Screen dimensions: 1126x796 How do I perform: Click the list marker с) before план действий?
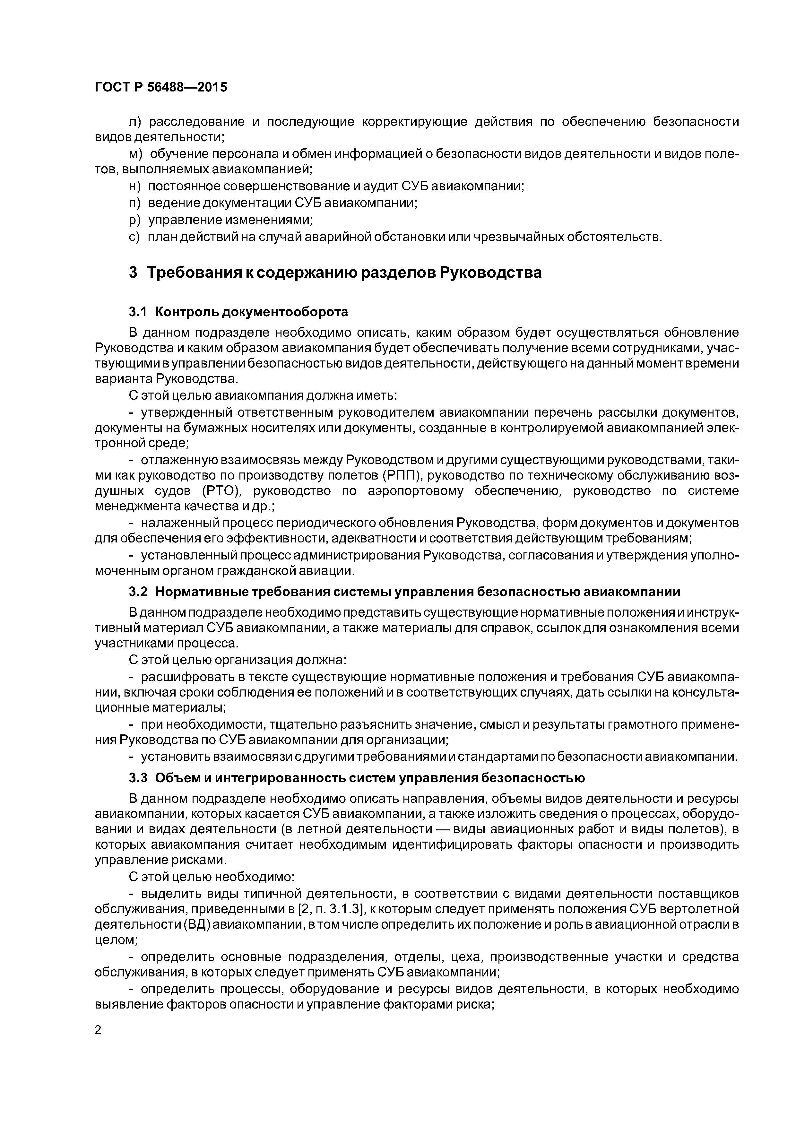click(x=134, y=237)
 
